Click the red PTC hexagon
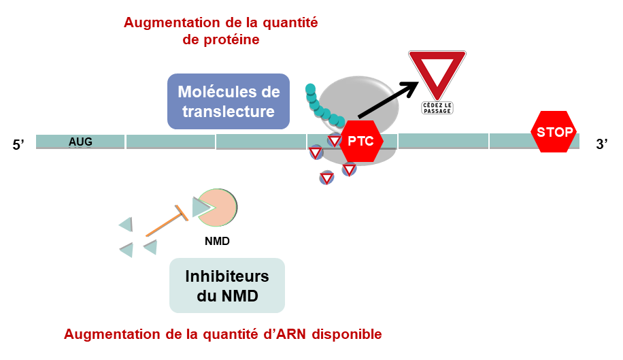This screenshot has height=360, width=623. [361, 141]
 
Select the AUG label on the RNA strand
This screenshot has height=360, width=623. [80, 142]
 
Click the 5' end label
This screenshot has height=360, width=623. [20, 144]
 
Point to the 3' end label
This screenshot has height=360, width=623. [601, 144]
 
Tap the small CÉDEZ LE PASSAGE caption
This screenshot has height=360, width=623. [437, 108]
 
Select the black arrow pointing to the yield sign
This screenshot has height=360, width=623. [388, 99]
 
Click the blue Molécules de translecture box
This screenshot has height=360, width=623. [228, 101]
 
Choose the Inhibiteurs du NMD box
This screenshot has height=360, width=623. [226, 285]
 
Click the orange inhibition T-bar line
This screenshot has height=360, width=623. [166, 219]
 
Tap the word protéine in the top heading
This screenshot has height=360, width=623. [221, 40]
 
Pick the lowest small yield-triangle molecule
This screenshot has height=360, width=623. [326, 178]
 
